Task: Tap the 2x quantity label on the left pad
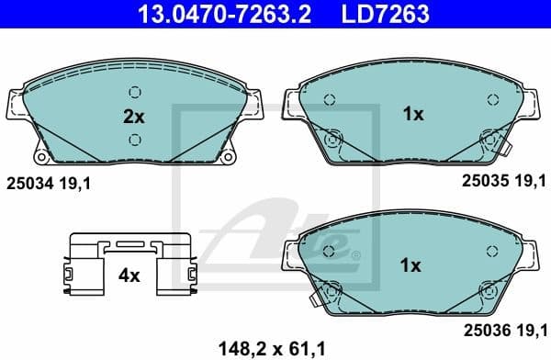[x=135, y=116]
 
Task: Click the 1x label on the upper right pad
[x=412, y=114]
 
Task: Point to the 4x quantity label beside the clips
[x=129, y=274]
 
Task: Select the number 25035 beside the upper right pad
[x=483, y=182]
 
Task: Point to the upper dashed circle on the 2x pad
[x=135, y=92]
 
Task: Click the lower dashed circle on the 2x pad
[x=135, y=139]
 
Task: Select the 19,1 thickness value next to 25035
[x=530, y=182]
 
